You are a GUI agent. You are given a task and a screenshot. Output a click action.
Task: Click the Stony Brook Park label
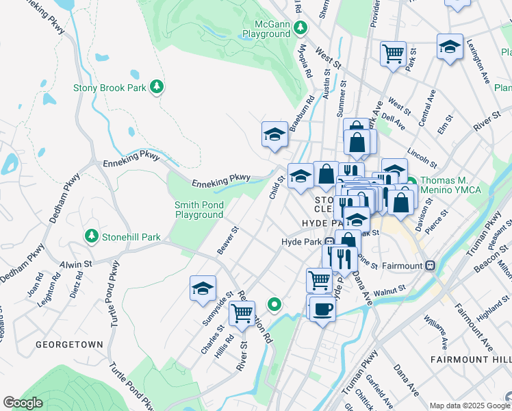pyautogui.click(x=110, y=87)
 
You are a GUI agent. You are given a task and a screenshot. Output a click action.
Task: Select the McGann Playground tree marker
pyautogui.click(x=300, y=29)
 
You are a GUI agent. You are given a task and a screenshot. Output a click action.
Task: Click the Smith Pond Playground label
pyautogui.click(x=199, y=210)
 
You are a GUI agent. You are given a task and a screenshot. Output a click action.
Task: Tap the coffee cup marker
pyautogui.click(x=322, y=309)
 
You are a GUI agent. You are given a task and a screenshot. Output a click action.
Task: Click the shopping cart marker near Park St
pyautogui.click(x=393, y=53)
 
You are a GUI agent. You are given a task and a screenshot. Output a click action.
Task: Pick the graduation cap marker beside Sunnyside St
pyautogui.click(x=203, y=288)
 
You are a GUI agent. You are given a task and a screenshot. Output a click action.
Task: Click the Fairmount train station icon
pyautogui.click(x=431, y=265)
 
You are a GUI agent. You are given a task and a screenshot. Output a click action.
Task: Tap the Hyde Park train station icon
pyautogui.click(x=329, y=242)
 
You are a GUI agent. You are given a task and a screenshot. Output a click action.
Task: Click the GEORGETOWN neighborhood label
pyautogui.click(x=70, y=345)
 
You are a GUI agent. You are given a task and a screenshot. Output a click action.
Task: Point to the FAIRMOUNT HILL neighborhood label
pyautogui.click(x=471, y=360)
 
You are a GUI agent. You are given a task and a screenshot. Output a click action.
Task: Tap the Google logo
pyautogui.click(x=23, y=403)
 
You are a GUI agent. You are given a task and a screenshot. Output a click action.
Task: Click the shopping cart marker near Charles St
pyautogui.click(x=242, y=313)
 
